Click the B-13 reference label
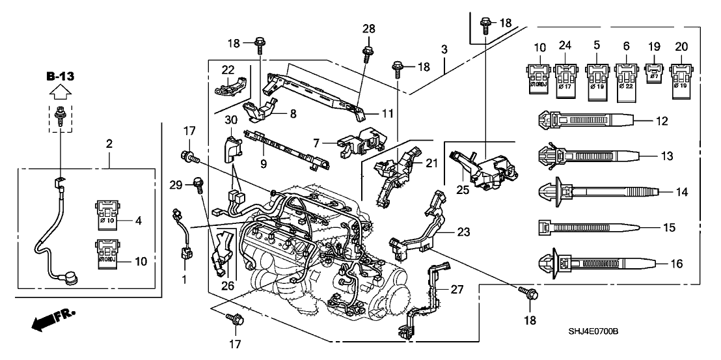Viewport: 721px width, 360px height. [x=61, y=77]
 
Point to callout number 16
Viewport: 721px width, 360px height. [x=661, y=264]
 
